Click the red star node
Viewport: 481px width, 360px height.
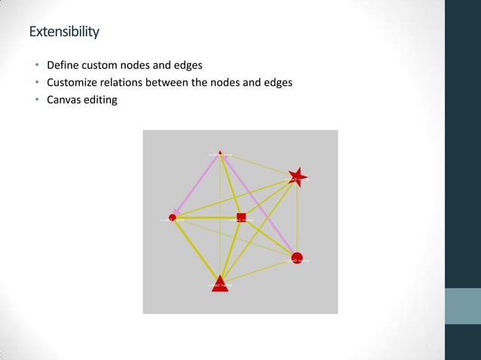297,177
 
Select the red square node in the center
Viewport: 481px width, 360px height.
241,218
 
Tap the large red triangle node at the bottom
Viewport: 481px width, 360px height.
220,284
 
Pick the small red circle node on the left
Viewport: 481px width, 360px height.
173,218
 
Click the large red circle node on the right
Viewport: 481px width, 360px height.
296,258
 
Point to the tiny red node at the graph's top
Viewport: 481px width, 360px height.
220,153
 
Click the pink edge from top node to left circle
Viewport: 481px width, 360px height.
197,185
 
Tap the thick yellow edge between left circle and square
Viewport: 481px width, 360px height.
207,218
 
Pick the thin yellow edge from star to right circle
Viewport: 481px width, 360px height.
297,218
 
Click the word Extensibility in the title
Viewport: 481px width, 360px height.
64,32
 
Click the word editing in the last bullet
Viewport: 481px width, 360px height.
103,99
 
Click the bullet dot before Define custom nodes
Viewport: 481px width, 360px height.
36,66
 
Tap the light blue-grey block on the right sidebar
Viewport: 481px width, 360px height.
463,306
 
